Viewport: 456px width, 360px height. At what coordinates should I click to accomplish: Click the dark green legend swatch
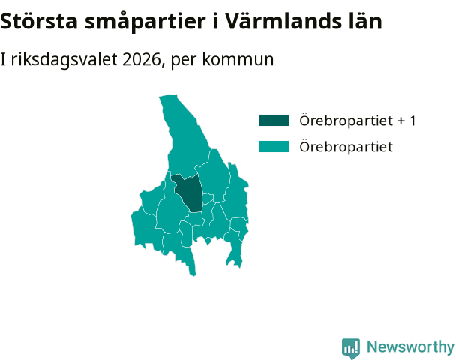(274, 121)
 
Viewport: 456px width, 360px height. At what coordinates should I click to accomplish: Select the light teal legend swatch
(274, 146)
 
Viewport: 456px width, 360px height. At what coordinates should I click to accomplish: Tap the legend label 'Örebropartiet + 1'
(358, 121)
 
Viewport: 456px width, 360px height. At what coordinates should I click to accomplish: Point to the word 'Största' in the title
(39, 21)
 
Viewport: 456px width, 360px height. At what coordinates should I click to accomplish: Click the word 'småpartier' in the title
(145, 22)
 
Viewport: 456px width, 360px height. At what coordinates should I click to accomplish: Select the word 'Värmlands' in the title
(283, 21)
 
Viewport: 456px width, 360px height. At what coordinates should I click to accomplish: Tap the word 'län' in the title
(365, 21)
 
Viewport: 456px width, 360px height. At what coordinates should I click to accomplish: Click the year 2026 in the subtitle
(142, 59)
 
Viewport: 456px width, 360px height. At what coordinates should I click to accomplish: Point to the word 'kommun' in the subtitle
(238, 59)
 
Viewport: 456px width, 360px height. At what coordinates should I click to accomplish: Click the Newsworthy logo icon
(351, 348)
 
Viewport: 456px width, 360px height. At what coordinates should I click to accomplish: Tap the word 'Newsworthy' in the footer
(410, 346)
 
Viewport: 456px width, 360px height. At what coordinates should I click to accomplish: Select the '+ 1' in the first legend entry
(406, 121)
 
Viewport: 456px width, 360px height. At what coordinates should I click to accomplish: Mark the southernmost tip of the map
(193, 275)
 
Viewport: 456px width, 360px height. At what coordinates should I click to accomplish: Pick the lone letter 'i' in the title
(215, 21)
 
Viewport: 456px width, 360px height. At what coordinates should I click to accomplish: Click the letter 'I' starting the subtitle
(3, 59)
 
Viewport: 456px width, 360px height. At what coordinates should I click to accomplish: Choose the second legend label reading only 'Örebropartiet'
(346, 146)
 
